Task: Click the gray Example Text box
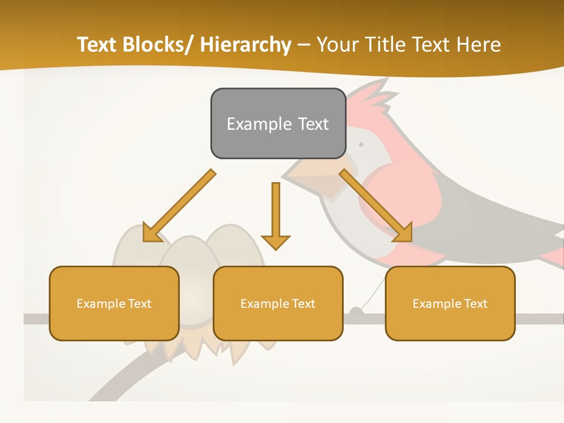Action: (x=278, y=123)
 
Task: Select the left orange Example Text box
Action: (x=114, y=303)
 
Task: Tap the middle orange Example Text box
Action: (x=278, y=303)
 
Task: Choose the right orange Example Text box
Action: (x=450, y=303)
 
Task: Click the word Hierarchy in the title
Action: (x=246, y=45)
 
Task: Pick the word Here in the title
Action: (x=479, y=45)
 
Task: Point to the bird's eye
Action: (x=361, y=145)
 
